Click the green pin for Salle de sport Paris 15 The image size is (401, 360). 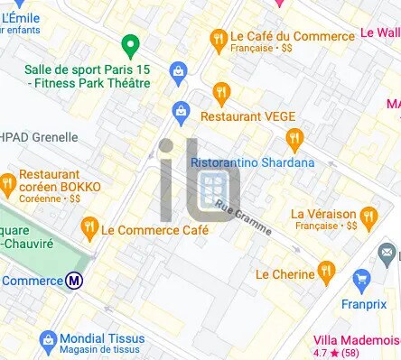[x=130, y=45]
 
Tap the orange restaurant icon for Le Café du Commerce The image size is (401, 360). [x=218, y=38]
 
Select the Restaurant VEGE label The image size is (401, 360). [x=242, y=116]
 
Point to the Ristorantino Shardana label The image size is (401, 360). [x=253, y=162]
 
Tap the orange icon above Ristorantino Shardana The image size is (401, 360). [x=294, y=138]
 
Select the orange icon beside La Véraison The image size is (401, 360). [x=368, y=216]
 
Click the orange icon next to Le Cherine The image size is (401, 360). [x=326, y=270]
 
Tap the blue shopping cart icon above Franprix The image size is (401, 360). [x=362, y=277]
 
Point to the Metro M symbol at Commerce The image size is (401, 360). [x=75, y=281]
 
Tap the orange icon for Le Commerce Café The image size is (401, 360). [x=89, y=228]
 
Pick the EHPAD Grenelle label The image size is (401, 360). [x=40, y=137]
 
